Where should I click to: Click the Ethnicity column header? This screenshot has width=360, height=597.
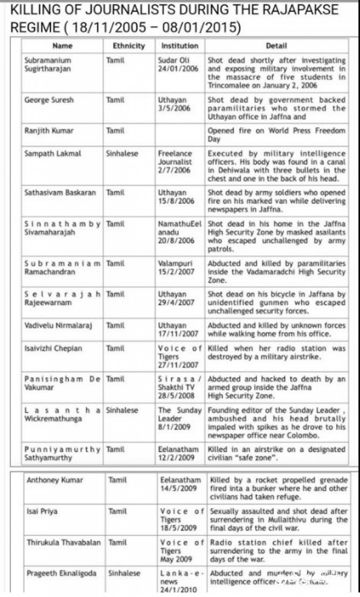point(129,46)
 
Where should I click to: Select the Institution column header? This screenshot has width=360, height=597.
point(179,46)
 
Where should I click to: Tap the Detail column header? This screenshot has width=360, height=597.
point(276,46)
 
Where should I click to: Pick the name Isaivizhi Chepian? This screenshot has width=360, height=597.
point(53,348)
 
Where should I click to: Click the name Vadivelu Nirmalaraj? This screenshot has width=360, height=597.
point(56,325)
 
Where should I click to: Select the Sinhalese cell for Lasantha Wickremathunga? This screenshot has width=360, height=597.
point(122,411)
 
